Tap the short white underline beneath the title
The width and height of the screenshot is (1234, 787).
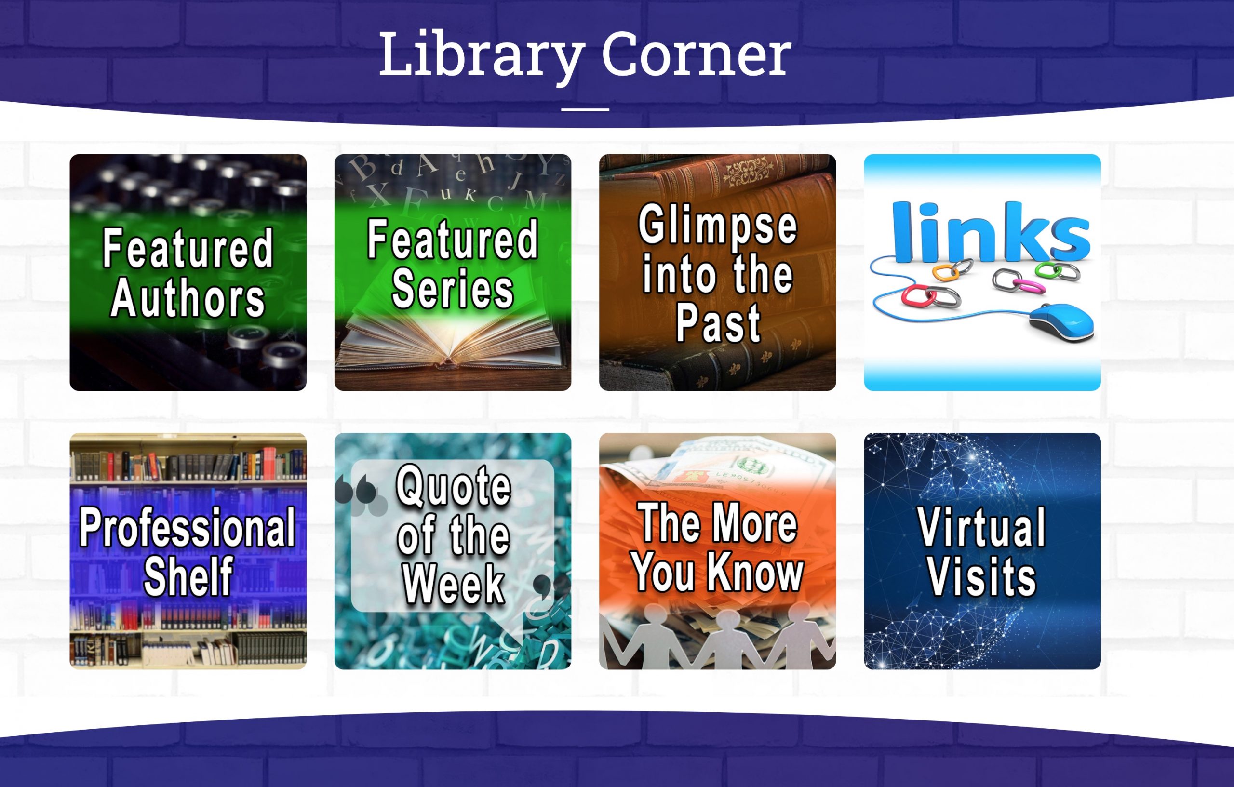click(585, 109)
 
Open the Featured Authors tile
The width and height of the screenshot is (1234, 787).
click(188, 272)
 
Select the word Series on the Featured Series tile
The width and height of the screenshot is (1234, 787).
click(452, 290)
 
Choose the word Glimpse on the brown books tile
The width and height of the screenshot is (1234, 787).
click(717, 226)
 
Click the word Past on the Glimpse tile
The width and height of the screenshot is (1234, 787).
click(717, 323)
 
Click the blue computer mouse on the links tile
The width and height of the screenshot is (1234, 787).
click(1063, 321)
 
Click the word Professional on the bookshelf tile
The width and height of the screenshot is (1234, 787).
click(188, 528)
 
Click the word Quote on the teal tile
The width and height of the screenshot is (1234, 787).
click(453, 485)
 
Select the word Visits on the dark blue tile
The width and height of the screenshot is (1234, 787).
click(982, 577)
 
